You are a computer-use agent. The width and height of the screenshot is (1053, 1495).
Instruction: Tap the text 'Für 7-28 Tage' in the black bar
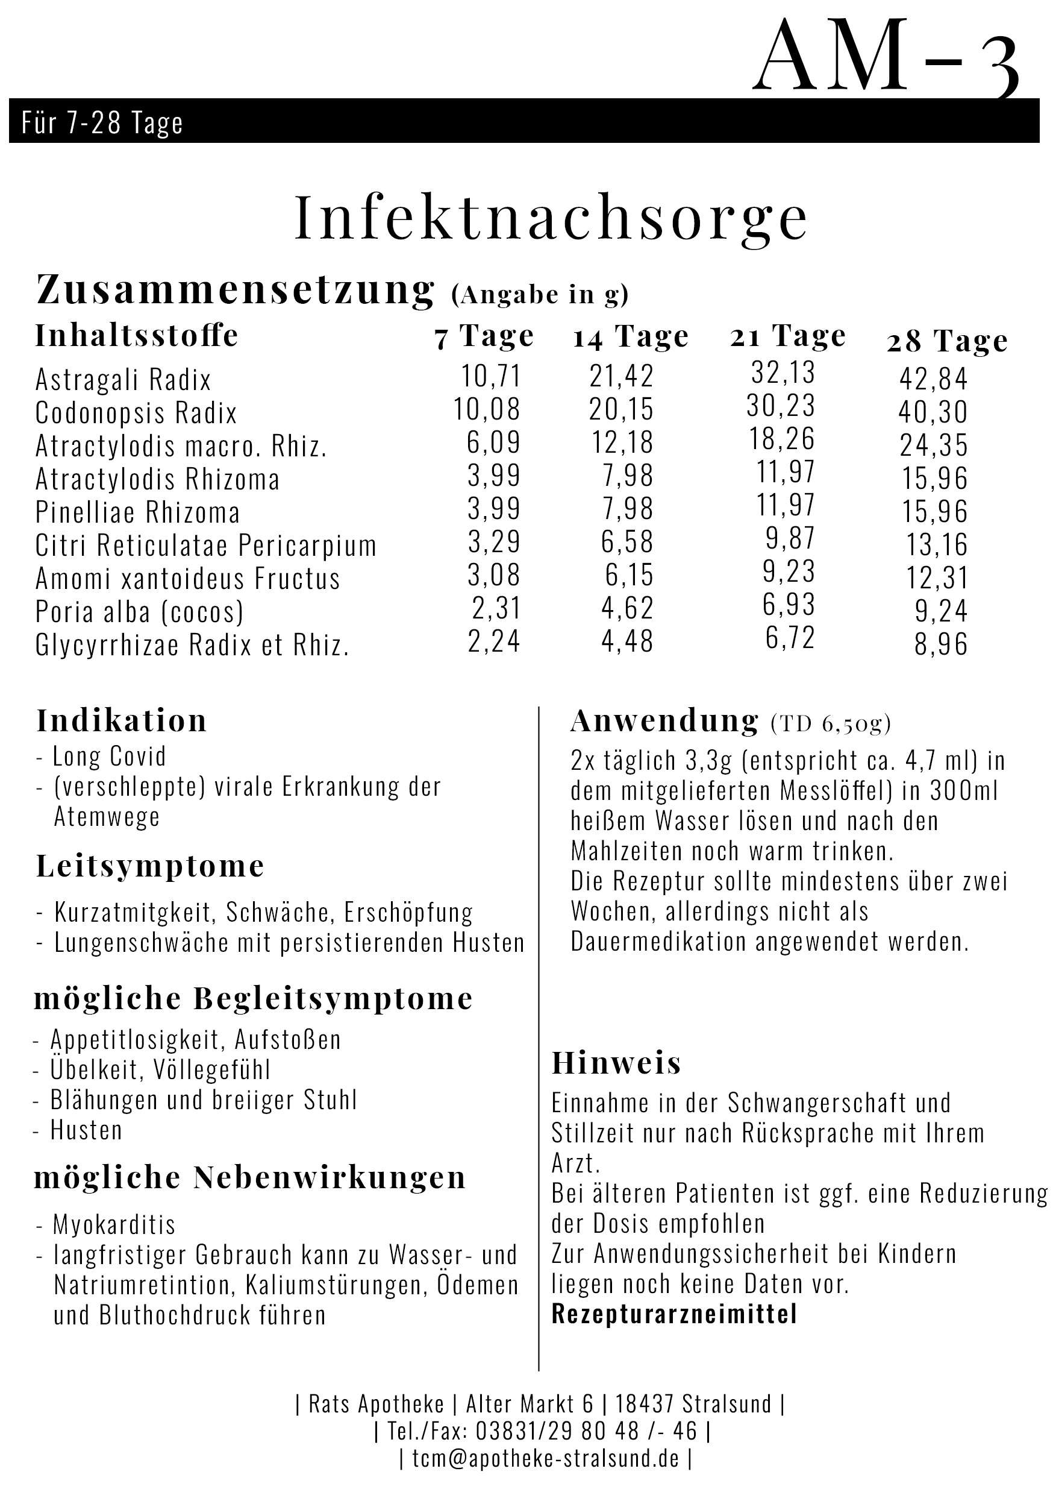coord(102,122)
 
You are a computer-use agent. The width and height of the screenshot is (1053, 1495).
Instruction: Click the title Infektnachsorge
coord(551,218)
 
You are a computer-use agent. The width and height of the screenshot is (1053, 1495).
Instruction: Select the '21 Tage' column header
coord(787,336)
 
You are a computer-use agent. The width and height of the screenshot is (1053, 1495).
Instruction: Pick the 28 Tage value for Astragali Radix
coord(933,379)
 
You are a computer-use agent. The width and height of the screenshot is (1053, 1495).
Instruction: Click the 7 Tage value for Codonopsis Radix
coord(487,409)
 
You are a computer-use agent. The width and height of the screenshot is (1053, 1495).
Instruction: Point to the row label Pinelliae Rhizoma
coord(137,512)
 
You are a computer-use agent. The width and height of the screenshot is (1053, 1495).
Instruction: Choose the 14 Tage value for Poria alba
coord(626,608)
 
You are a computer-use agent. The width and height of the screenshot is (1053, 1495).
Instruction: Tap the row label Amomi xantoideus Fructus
coord(187,579)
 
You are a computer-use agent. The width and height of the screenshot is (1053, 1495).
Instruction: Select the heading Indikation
coord(122,721)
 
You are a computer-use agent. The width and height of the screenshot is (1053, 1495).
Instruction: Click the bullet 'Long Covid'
coord(108,757)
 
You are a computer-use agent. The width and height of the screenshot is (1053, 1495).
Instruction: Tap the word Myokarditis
coord(114,1225)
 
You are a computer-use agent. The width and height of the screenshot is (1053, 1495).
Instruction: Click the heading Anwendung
coord(664,721)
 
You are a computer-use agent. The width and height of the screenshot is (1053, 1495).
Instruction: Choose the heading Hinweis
coord(616,1063)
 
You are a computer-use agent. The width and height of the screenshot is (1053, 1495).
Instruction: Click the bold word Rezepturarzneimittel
coord(674,1315)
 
